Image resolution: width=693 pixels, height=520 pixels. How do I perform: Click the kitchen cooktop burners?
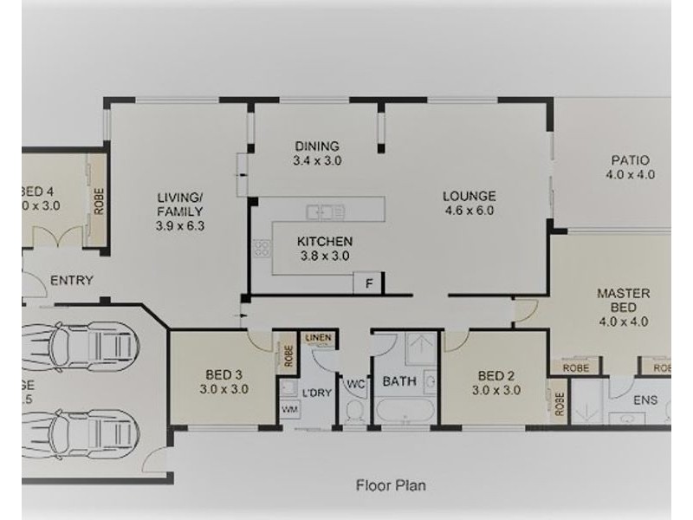[260, 250]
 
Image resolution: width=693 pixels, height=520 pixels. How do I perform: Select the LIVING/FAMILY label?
[180, 205]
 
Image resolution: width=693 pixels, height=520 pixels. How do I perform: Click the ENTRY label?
[72, 280]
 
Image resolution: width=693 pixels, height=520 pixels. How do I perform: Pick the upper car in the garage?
[78, 346]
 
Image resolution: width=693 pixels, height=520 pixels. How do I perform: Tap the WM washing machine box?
[288, 408]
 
